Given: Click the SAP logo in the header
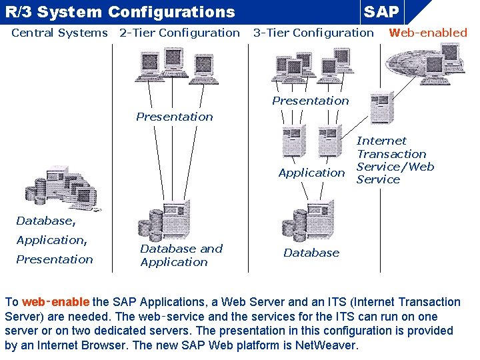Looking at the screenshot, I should [x=381, y=12].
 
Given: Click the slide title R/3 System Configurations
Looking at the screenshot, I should [x=120, y=12].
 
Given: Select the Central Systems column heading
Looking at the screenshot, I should [x=59, y=33].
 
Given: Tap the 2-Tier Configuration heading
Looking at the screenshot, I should [x=179, y=33].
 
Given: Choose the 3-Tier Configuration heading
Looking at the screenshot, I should [x=313, y=33].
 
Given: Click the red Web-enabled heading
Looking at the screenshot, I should [x=428, y=33].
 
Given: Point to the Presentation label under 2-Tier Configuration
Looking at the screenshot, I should [x=175, y=117].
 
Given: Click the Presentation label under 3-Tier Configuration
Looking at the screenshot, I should [x=310, y=101].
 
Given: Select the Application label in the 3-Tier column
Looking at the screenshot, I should [x=311, y=173].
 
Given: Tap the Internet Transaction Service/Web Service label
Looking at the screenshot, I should [x=395, y=160].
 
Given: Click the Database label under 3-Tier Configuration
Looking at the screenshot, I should [x=311, y=253].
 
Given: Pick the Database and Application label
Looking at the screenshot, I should [x=181, y=255].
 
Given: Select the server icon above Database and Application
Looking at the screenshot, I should [x=167, y=220].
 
